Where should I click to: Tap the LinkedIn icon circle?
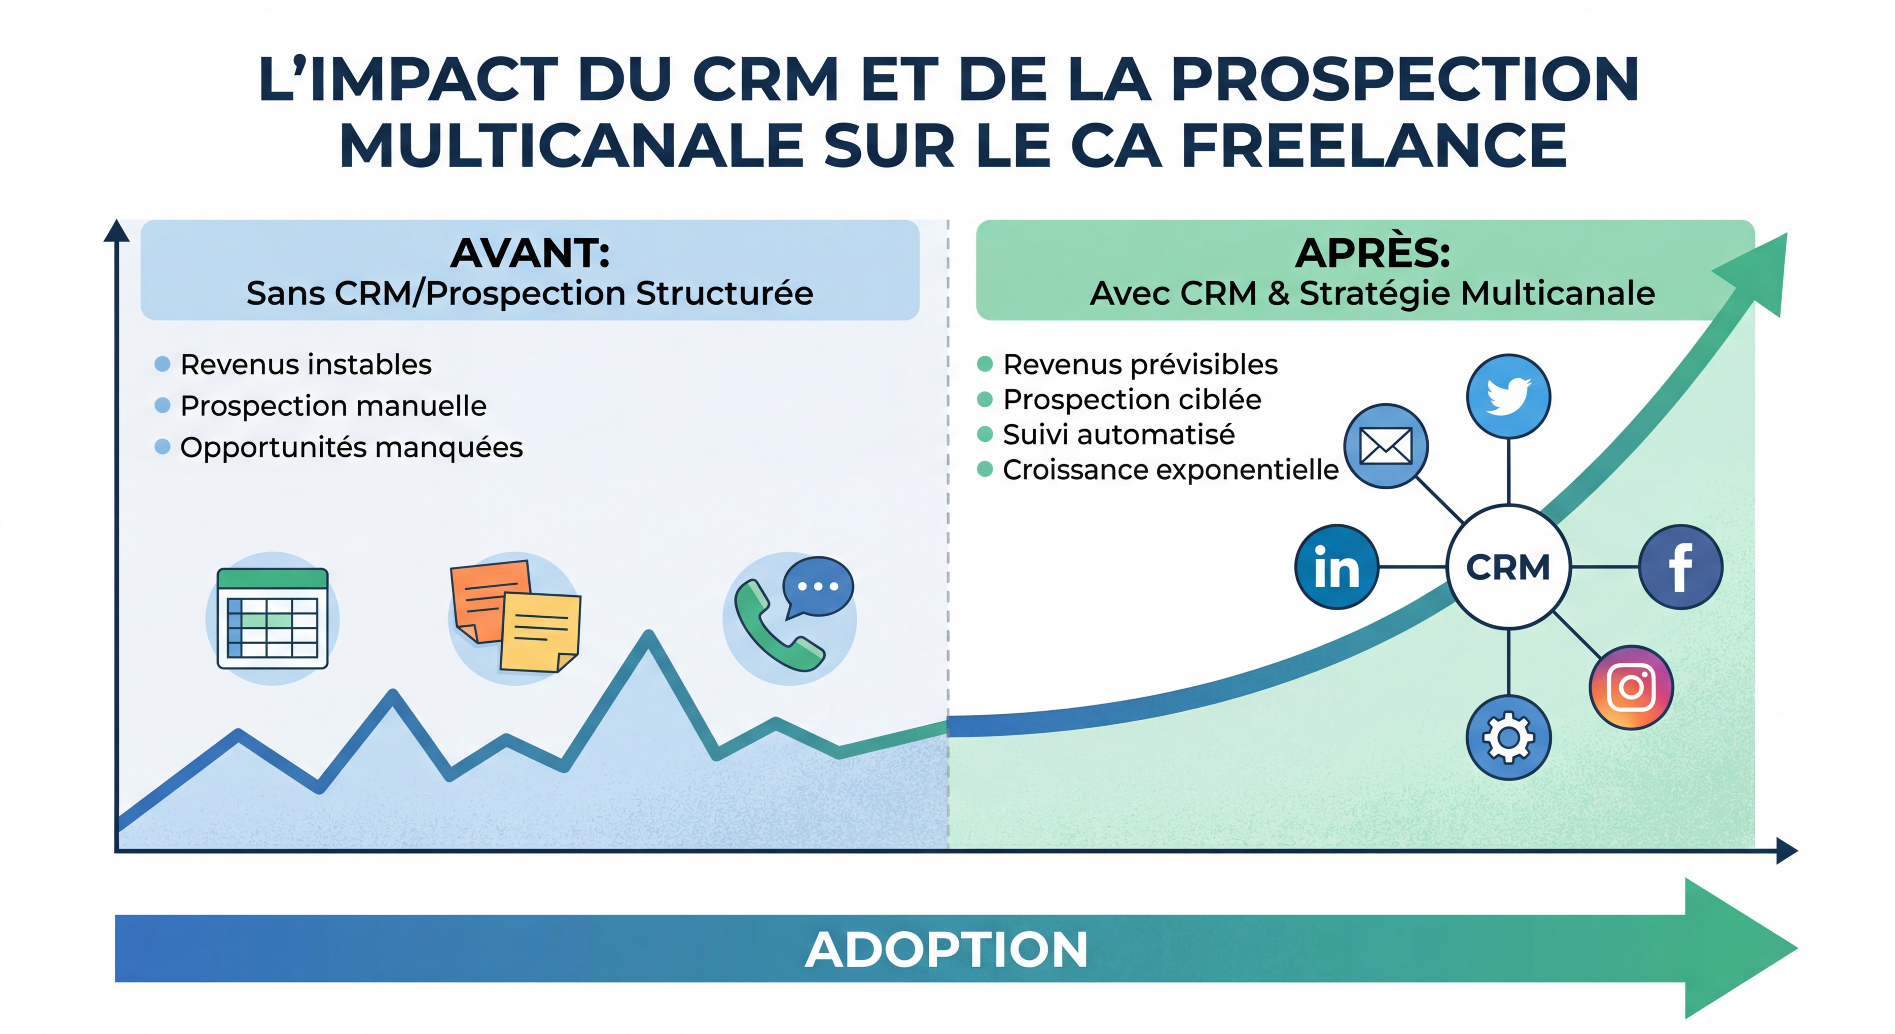(1336, 567)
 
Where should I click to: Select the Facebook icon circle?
(1680, 567)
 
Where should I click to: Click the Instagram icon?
(1632, 687)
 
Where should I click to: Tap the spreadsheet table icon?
(272, 618)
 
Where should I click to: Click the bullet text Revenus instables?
(306, 364)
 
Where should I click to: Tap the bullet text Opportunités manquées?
(351, 447)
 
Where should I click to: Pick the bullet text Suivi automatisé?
(1118, 434)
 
